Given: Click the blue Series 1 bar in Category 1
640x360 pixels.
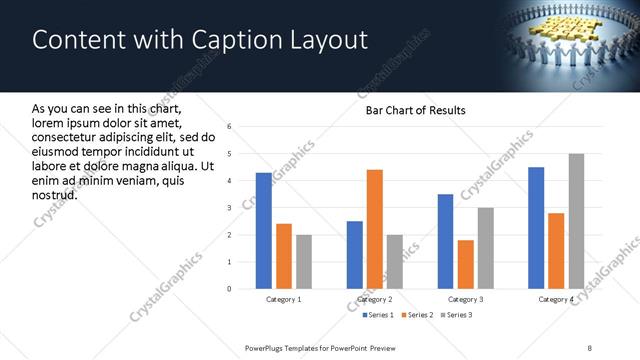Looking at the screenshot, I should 264,231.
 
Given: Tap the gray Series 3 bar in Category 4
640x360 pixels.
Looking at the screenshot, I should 576,221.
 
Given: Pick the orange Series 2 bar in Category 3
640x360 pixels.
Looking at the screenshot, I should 465,264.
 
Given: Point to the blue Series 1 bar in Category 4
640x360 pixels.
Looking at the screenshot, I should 536,228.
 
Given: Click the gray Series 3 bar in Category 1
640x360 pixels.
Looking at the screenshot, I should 304,262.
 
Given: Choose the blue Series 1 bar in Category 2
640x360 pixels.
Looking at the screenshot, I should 355,255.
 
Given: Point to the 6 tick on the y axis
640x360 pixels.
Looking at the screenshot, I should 230,127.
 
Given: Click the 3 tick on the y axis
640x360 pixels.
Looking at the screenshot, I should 230,208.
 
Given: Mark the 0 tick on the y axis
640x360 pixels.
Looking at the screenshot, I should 230,289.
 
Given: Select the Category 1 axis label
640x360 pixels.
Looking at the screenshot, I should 284,299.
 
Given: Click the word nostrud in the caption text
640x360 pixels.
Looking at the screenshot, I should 54,194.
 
